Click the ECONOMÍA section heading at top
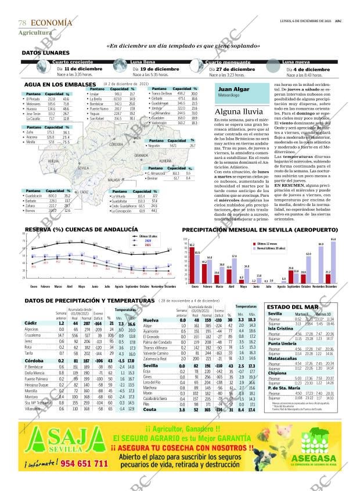51,23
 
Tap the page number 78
22,23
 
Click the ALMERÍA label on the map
165,160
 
